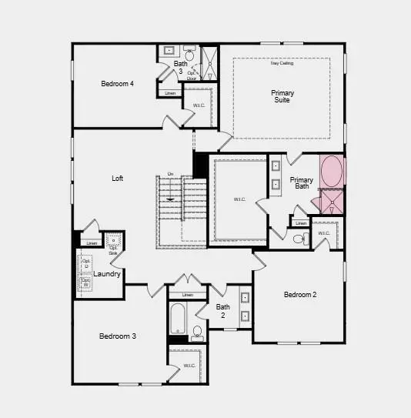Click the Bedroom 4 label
click(118, 84)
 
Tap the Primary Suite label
click(282, 97)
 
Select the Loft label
click(117, 179)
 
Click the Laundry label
click(107, 273)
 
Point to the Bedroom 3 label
click(118, 336)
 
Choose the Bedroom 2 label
click(300, 295)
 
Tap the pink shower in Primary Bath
click(332, 204)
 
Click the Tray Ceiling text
click(282, 63)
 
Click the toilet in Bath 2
click(197, 332)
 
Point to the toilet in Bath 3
click(189, 55)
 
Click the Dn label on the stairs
click(170, 174)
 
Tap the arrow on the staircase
click(170, 199)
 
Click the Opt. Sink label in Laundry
click(113, 248)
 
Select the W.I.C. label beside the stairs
click(239, 199)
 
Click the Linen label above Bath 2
click(188, 295)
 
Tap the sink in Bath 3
click(169, 52)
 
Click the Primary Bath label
click(302, 183)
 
